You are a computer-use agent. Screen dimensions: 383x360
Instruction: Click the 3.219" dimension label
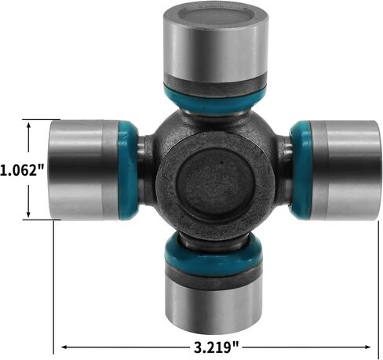coord(217,347)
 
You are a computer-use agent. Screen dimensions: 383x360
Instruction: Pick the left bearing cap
coord(84,170)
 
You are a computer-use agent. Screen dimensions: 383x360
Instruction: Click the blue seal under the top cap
coord(215,101)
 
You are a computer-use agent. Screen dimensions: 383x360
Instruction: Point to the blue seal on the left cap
coord(128,170)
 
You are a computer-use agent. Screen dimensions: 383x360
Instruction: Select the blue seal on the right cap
coord(301,170)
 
